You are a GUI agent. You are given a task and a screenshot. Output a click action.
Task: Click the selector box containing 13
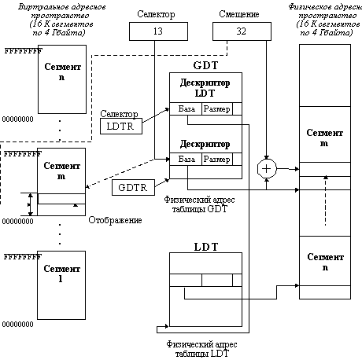[x=158, y=31]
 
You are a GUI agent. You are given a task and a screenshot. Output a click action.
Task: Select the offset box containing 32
[x=242, y=31]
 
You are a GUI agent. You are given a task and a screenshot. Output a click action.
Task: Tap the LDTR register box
[x=121, y=127]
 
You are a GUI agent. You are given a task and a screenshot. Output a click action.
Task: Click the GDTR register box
[x=133, y=188]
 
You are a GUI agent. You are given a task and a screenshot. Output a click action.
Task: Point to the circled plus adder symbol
[x=267, y=169]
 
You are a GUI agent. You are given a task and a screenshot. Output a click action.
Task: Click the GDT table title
[x=205, y=65]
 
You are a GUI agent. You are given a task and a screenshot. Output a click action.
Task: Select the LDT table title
[x=206, y=247]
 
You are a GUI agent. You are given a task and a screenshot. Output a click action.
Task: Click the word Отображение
[x=115, y=220]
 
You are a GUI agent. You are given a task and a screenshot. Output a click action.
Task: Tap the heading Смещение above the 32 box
[x=239, y=14]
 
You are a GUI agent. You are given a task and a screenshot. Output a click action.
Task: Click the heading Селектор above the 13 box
[x=156, y=14]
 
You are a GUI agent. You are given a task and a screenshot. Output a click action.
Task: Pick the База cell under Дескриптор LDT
[x=186, y=108]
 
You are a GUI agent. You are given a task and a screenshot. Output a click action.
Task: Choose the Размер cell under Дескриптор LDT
[x=217, y=108]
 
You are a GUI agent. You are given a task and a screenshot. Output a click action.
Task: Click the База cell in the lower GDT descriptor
[x=186, y=160]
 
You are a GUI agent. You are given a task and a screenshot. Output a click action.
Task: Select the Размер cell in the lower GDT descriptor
[x=217, y=160]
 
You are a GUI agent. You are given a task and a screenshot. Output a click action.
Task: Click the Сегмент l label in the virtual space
[x=61, y=274]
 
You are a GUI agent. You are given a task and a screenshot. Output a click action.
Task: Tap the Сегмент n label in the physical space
[x=325, y=262]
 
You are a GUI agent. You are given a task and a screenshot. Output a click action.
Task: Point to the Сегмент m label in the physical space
[x=324, y=138]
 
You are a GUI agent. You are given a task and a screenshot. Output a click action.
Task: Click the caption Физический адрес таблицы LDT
[x=201, y=349]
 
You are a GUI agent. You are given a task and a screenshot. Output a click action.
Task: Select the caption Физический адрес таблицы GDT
[x=199, y=204]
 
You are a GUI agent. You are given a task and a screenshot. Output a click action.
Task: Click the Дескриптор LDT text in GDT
[x=205, y=88]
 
